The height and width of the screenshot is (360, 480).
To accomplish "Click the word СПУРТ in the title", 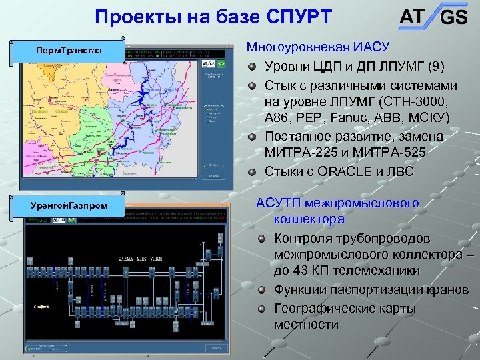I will click(x=291, y=17).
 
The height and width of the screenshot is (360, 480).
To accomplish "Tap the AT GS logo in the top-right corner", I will click(x=433, y=17).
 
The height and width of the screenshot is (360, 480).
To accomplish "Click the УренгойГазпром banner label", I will click(x=69, y=205).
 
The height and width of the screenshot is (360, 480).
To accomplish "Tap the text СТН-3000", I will click(x=412, y=101).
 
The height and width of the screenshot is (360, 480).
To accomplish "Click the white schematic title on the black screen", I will click(x=139, y=258).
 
